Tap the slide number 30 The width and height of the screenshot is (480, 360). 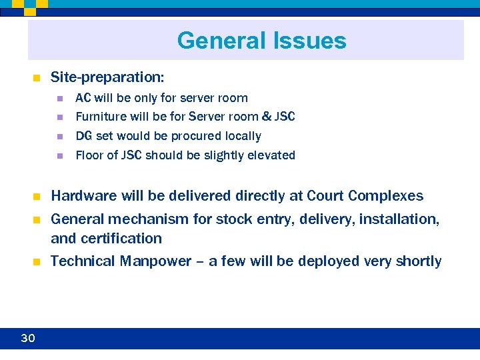[x=27, y=339]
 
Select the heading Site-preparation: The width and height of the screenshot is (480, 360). [x=98, y=78]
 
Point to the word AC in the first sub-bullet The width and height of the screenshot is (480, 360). [x=83, y=98]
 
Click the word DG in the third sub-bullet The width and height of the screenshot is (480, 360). [x=84, y=136]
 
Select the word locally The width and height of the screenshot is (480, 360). [x=243, y=136]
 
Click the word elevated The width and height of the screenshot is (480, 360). [x=271, y=155]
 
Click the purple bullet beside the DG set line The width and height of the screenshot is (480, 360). [x=59, y=137]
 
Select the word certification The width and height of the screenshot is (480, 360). [x=121, y=238]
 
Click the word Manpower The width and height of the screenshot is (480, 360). [x=155, y=261]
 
